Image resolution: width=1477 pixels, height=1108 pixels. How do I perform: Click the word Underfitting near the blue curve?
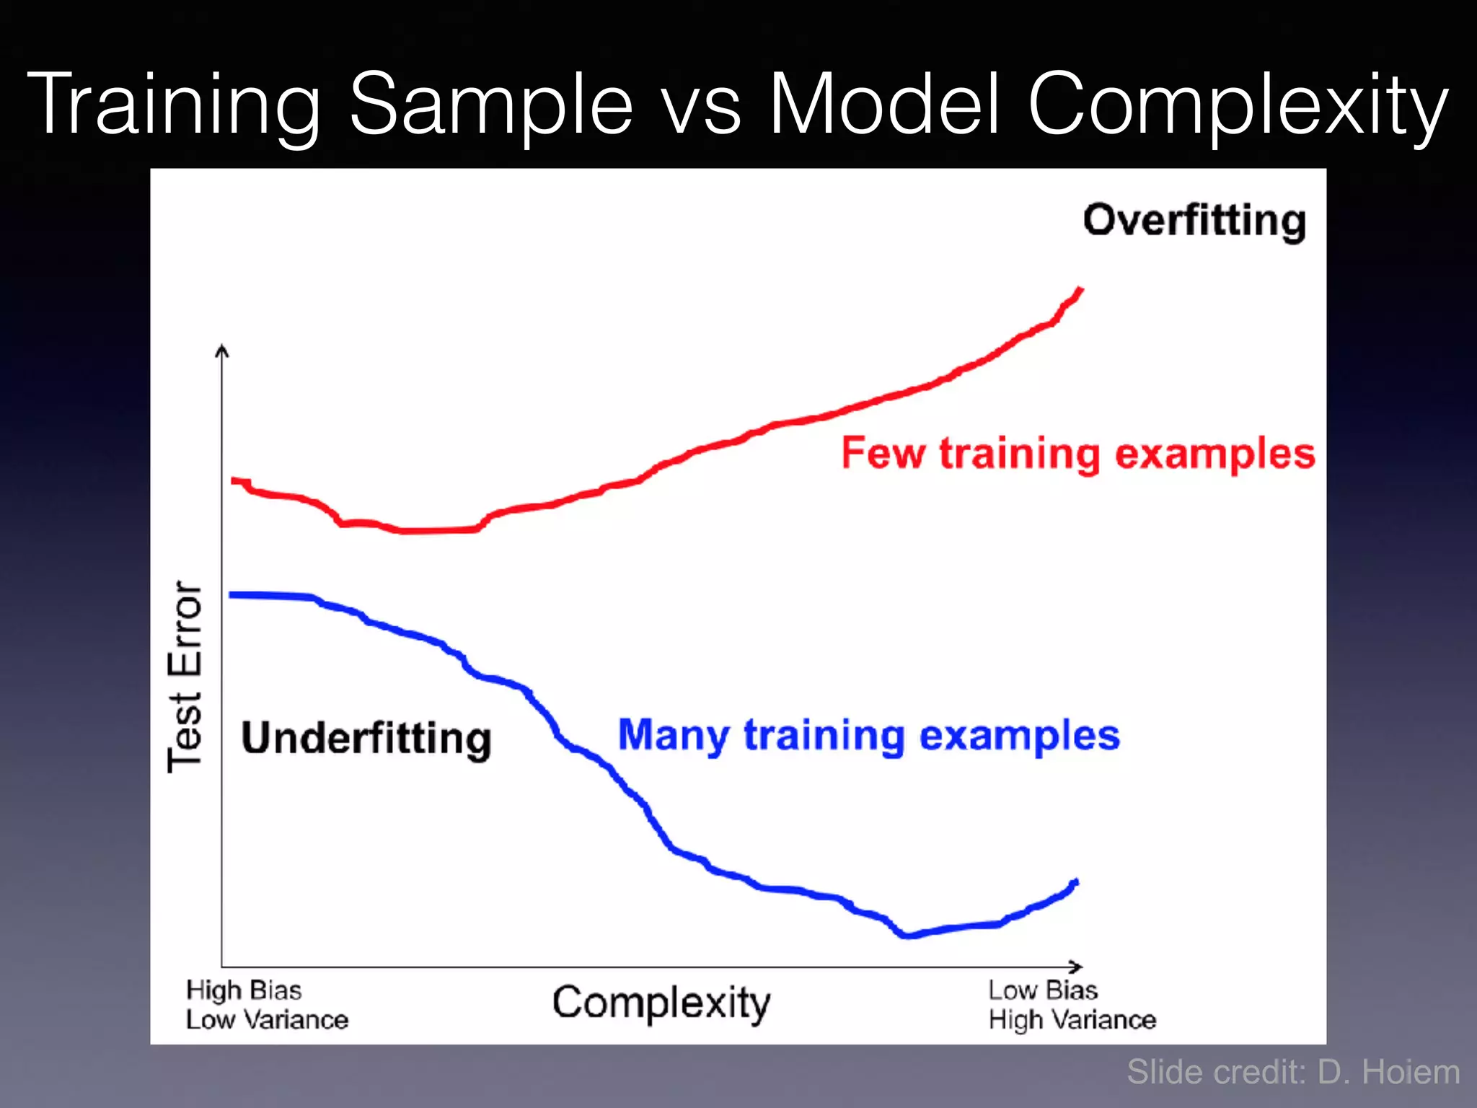pos(366,739)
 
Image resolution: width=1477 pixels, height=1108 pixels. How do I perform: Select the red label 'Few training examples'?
pos(1078,454)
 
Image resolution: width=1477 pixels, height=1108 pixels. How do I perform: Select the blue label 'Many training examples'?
pos(869,735)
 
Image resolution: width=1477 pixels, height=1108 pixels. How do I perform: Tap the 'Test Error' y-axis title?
pos(185,676)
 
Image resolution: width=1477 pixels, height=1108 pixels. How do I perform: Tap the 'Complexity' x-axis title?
pos(661,1003)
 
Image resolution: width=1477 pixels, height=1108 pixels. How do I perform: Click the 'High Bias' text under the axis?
pos(244,990)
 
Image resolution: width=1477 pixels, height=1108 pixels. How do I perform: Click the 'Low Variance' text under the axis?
pos(267,1020)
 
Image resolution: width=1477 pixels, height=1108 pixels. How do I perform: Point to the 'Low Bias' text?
pos(1043,990)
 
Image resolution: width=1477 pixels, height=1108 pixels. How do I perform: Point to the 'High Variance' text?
pos(1072,1020)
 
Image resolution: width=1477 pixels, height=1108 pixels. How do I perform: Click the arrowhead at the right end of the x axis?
pos(1077,967)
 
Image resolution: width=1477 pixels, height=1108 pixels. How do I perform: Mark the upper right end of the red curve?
pos(1080,290)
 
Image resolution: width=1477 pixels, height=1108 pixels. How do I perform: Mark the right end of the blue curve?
pos(1076,882)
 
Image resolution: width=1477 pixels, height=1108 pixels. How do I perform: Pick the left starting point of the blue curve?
pos(232,595)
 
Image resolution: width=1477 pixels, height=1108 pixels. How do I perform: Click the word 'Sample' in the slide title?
pos(491,105)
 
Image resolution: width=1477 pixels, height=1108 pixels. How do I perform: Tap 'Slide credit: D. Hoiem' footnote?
pos(1293,1072)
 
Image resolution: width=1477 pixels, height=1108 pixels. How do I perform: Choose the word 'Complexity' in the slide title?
pos(1238,105)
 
